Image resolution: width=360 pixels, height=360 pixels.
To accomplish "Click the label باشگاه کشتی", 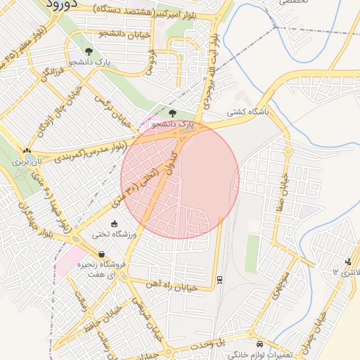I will pos(246,112).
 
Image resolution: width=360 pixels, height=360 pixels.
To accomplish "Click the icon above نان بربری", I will pos(27,150).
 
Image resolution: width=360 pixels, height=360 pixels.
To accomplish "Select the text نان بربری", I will pos(27,162).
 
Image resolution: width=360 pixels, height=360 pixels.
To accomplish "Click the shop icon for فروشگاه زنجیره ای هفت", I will pos(103,254).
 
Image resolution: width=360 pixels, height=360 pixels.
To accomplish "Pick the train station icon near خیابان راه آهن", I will pos(221,279).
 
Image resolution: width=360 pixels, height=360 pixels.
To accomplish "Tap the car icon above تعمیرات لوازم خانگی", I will pos(260,345).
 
